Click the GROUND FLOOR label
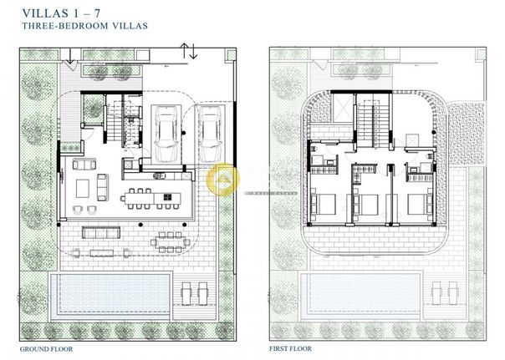[46, 349]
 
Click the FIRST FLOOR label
[290, 349]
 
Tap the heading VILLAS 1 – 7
[61, 13]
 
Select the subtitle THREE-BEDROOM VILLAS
[85, 26]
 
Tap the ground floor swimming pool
[110, 297]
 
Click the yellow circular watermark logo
[222, 180]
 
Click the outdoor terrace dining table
[171, 242]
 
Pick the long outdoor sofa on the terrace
[101, 232]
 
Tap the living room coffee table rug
[83, 189]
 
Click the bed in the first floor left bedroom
[324, 205]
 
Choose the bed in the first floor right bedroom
[420, 204]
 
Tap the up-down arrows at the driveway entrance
[188, 51]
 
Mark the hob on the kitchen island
[167, 197]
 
